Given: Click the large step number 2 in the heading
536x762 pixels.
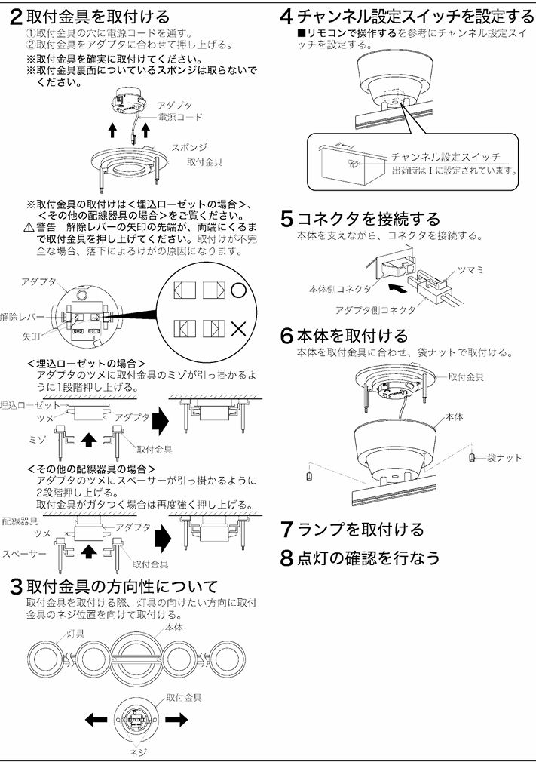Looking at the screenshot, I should point(15,17).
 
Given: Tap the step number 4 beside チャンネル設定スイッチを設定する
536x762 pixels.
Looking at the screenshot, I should point(286,17).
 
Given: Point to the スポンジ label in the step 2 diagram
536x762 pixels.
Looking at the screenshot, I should point(189,147).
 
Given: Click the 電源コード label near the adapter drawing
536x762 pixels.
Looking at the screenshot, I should point(180,118).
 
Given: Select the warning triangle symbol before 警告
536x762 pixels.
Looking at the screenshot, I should point(29,227).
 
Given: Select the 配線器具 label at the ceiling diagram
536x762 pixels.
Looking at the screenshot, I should point(20,521).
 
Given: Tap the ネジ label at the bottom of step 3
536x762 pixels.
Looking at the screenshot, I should point(139,752).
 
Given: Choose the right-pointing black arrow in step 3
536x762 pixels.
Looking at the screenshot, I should point(176,720).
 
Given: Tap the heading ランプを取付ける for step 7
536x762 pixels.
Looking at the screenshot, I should point(360,530).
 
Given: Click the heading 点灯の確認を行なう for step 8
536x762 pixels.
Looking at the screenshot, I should point(368,558).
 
